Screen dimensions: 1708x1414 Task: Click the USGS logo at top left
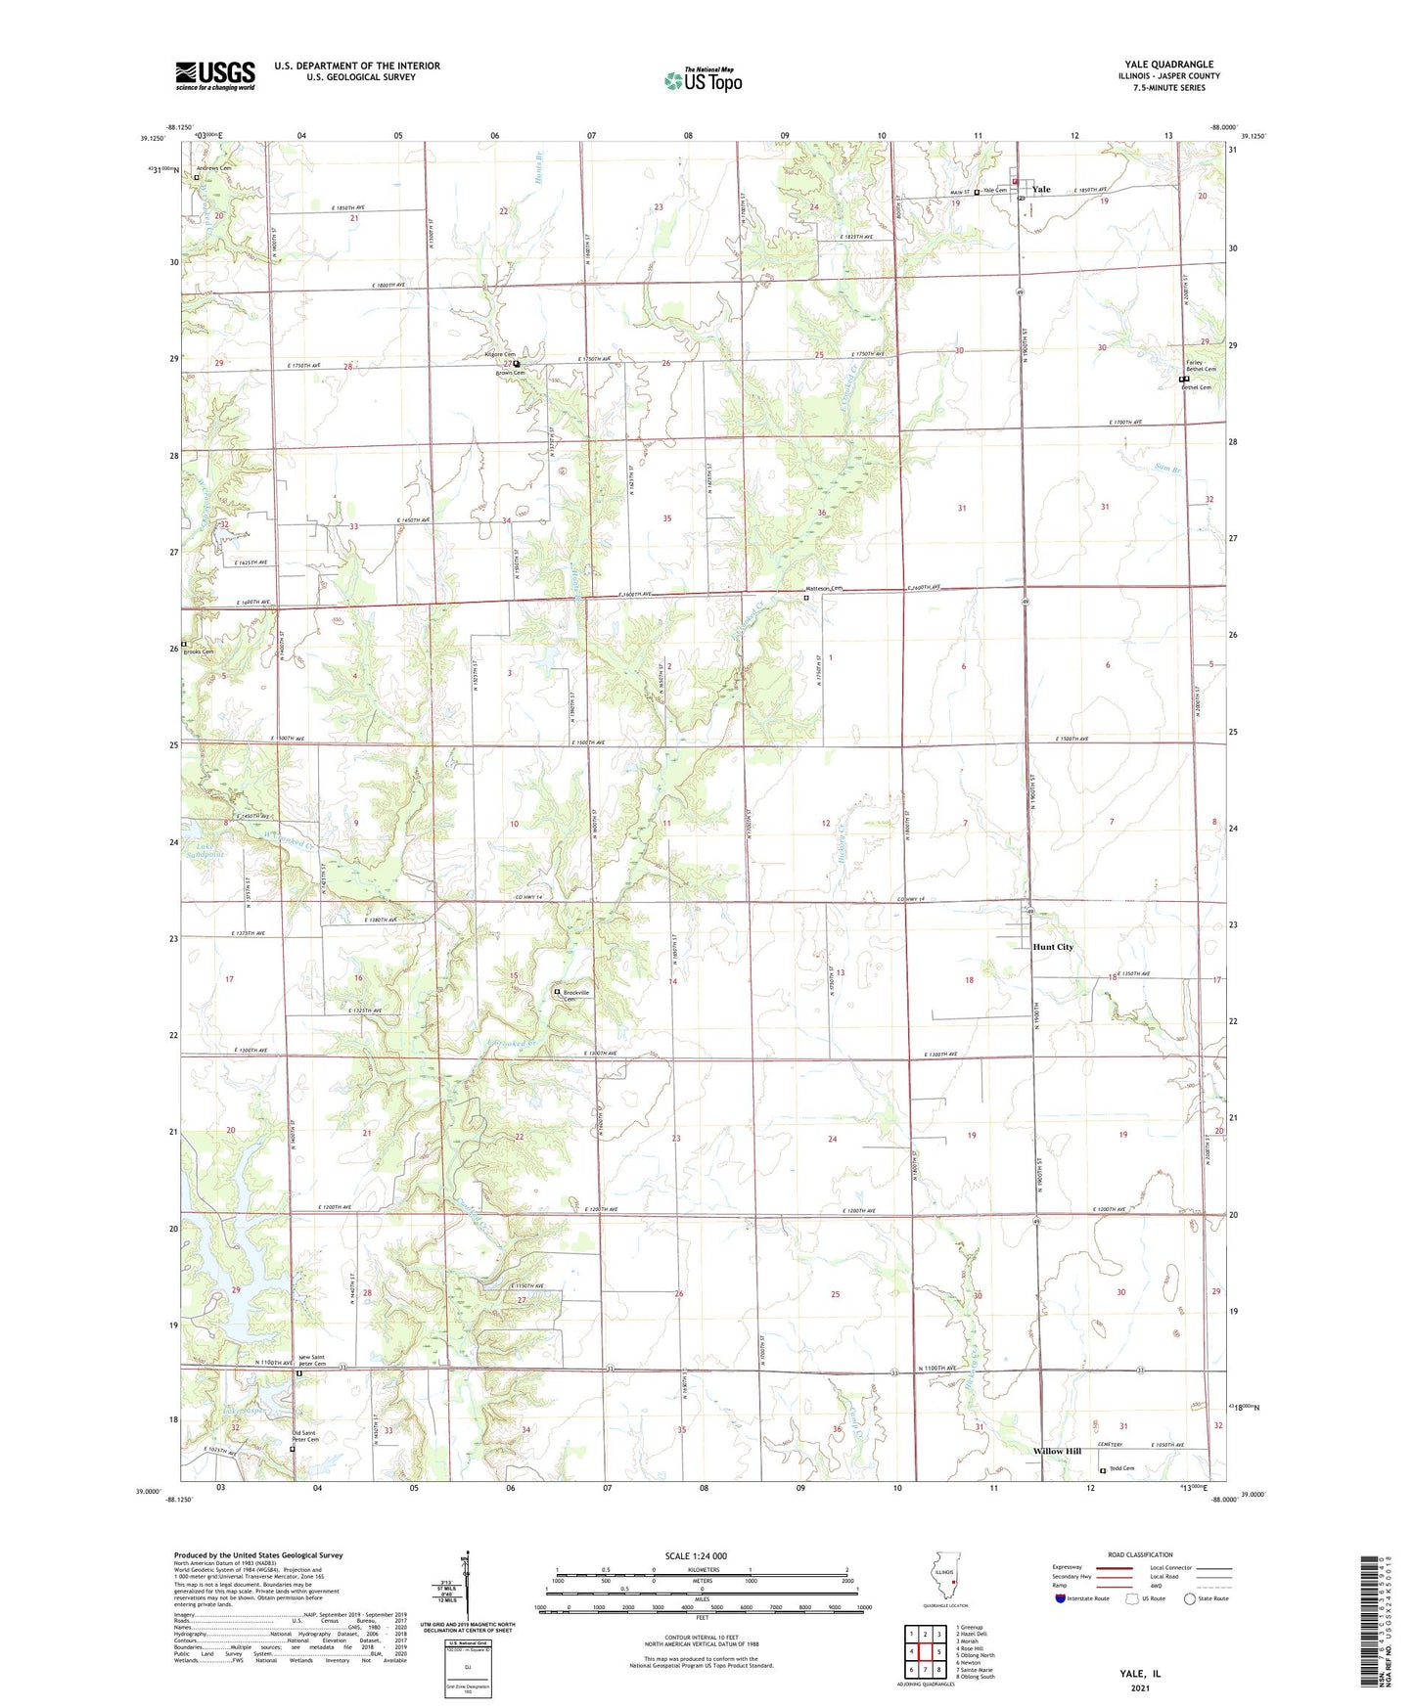pos(215,75)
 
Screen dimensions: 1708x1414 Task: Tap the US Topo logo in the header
pos(703,80)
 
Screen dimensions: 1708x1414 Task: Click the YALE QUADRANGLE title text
pos(1168,65)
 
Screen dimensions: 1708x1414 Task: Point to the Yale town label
pos(1041,190)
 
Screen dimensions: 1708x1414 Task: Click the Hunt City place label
pos(1053,947)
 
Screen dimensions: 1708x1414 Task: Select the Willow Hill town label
pos(1057,1451)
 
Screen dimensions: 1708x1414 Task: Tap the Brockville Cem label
pos(580,994)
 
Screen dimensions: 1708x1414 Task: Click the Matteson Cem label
pos(823,589)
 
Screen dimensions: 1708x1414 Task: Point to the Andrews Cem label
pos(213,168)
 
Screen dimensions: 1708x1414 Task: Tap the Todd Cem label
pos(1121,1468)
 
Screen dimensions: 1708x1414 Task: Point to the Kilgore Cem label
pos(500,354)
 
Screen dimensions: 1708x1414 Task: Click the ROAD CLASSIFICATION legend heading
pos(1140,1554)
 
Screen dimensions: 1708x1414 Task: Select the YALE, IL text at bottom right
pos(1140,1674)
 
